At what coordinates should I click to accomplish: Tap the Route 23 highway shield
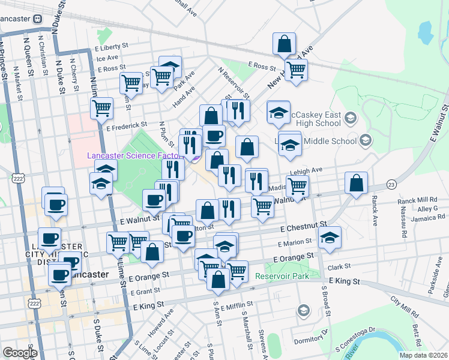391,184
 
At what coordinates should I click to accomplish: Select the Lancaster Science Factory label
134,155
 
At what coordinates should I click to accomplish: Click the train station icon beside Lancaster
38,18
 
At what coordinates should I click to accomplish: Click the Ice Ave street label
108,58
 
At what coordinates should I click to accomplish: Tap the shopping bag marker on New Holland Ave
285,44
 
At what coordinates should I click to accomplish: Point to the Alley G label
428,208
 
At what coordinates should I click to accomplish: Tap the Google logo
20,353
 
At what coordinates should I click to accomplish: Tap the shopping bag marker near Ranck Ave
357,184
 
